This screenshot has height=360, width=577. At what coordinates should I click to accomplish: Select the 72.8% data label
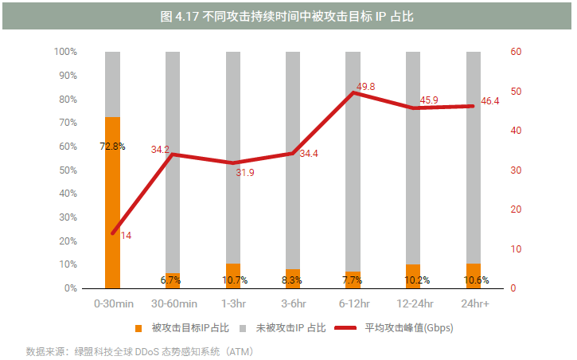tap(112, 147)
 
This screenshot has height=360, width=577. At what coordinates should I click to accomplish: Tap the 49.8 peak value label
tap(366, 86)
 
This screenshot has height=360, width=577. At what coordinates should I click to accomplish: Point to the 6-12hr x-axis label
tap(354, 303)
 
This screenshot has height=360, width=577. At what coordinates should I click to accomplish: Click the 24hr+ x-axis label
tap(475, 303)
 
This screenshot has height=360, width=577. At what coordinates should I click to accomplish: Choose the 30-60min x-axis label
tap(173, 303)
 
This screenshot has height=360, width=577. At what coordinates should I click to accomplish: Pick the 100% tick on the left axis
tap(65, 52)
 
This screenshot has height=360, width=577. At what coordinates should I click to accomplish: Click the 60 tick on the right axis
tap(516, 52)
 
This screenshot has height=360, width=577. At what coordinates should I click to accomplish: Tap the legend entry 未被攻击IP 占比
tap(291, 327)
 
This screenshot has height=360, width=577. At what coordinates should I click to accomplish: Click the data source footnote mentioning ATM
tap(139, 350)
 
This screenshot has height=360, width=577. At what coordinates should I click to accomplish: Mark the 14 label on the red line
tap(126, 236)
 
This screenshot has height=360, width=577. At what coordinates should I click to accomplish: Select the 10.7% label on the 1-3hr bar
tap(234, 280)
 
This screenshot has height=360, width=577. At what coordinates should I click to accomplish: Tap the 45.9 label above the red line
tap(429, 100)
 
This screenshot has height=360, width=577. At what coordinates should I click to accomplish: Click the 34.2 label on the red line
tap(160, 149)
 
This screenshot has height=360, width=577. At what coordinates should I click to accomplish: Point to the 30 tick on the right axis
tap(516, 170)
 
